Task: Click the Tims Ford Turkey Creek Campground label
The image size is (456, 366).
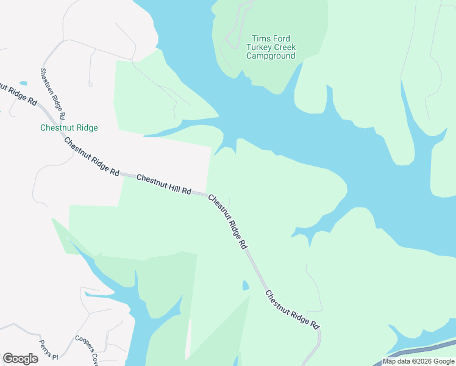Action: pyautogui.click(x=271, y=47)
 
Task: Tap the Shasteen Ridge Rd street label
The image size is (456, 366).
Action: pyautogui.click(x=52, y=93)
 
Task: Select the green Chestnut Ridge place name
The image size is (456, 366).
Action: pyautogui.click(x=69, y=128)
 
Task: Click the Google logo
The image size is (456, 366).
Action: pyautogui.click(x=20, y=359)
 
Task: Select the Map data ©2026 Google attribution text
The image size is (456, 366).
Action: pyautogui.click(x=418, y=361)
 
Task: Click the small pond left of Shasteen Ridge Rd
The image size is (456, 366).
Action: pyautogui.click(x=23, y=83)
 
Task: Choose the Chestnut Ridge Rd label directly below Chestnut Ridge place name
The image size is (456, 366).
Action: pyautogui.click(x=91, y=156)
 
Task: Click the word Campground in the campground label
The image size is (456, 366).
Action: pyautogui.click(x=271, y=56)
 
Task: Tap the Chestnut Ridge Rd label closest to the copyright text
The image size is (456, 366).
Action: pyautogui.click(x=292, y=309)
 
